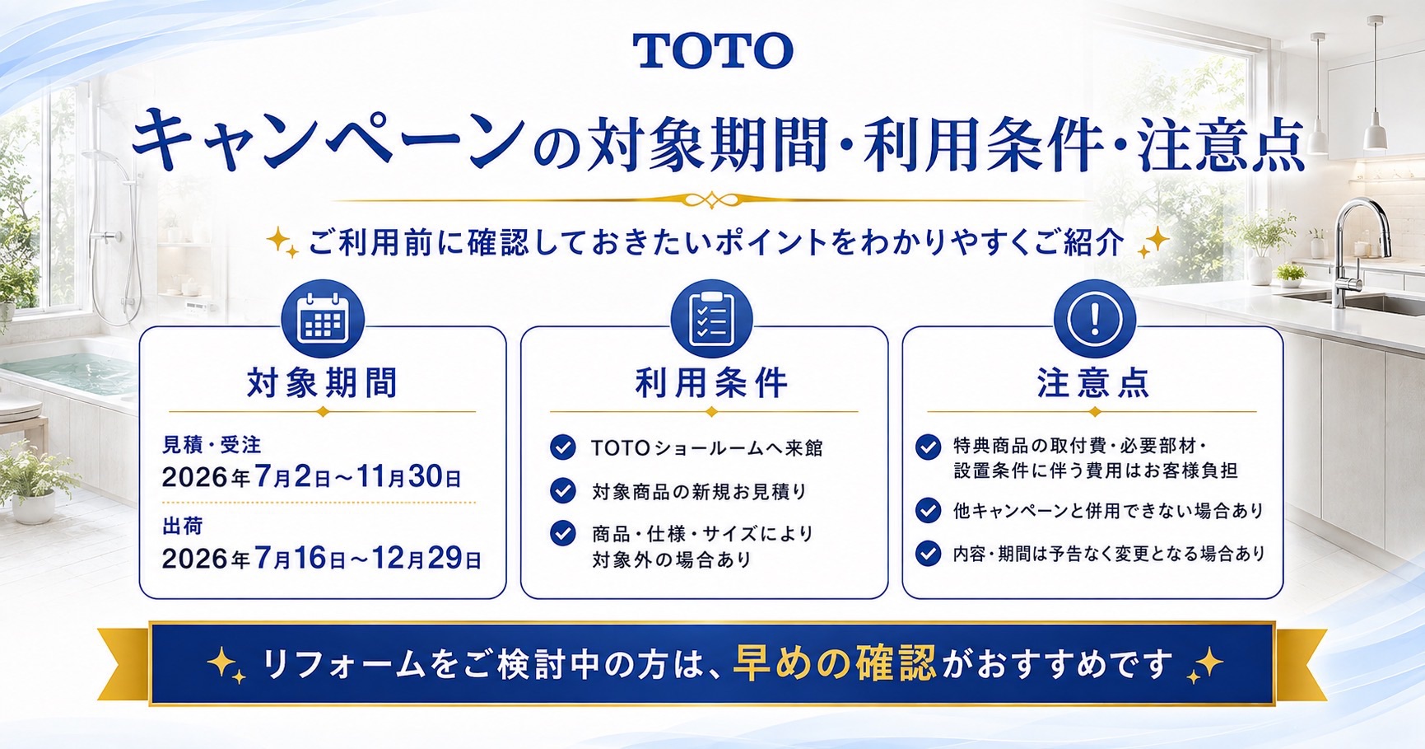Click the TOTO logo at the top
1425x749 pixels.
pos(713,51)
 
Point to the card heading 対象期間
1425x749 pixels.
pos(323,383)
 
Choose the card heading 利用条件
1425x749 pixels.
pos(711,383)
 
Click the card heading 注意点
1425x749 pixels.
pos(1094,383)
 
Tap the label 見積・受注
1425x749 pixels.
pos(212,445)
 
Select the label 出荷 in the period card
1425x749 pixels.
pos(183,526)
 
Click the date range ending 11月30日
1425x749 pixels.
pos(312,477)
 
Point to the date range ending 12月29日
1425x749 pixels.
pos(322,559)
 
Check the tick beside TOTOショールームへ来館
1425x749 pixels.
pos(563,447)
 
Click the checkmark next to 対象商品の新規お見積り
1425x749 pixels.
pos(563,491)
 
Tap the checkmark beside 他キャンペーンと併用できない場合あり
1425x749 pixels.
pos(929,511)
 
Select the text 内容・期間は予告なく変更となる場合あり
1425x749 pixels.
pos(1109,554)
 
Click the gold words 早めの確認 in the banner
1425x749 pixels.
pos(835,663)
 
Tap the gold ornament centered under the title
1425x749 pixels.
pos(711,199)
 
